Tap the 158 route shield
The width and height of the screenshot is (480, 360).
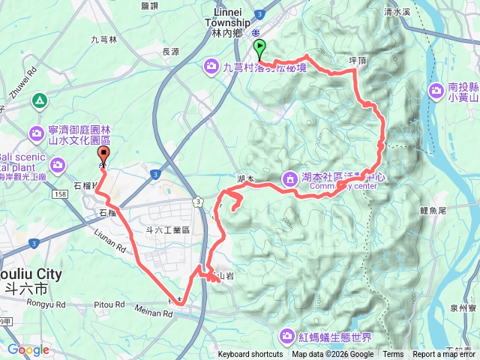(61, 194)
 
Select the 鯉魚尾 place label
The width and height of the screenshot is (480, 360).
(433, 211)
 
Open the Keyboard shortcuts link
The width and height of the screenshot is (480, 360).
(250, 355)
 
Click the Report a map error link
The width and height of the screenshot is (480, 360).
(443, 355)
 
